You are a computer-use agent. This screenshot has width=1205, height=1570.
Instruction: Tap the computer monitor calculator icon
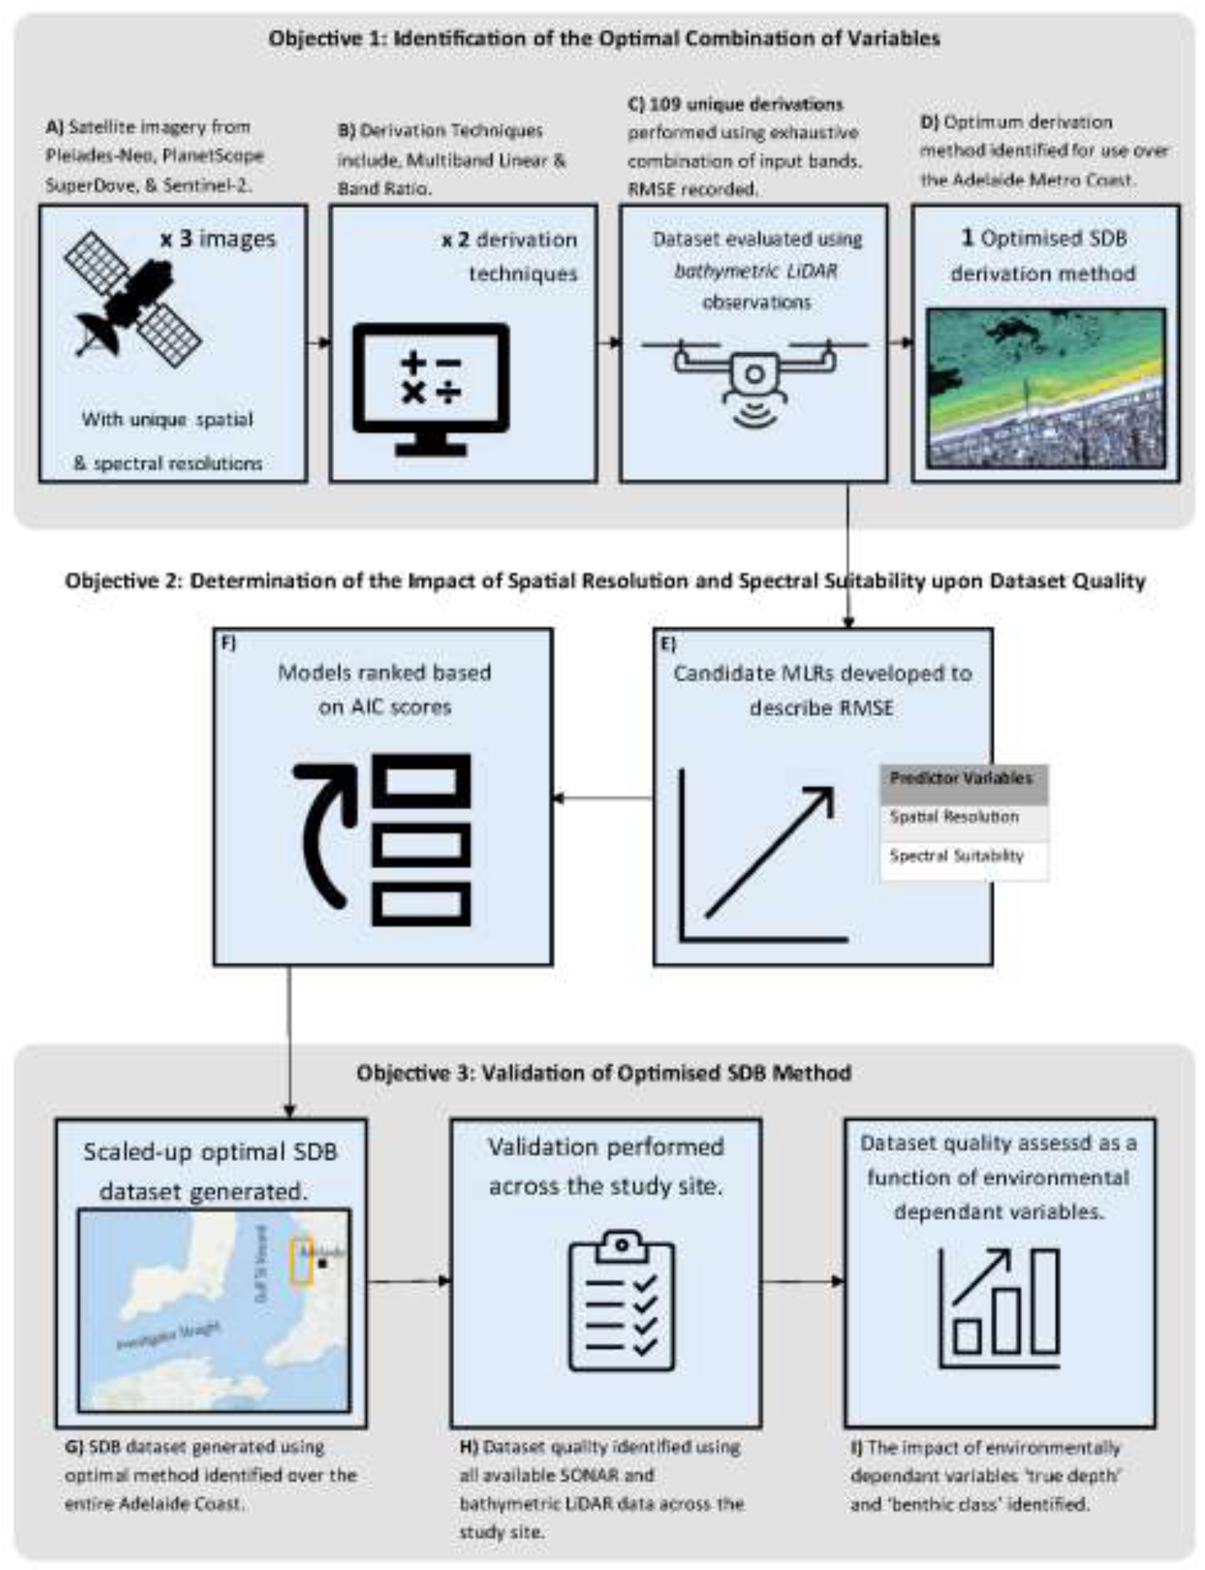[x=431, y=388]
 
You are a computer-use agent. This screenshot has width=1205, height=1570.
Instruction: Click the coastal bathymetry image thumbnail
[x=1045, y=388]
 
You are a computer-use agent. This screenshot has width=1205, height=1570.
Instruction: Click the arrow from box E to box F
[x=602, y=798]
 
